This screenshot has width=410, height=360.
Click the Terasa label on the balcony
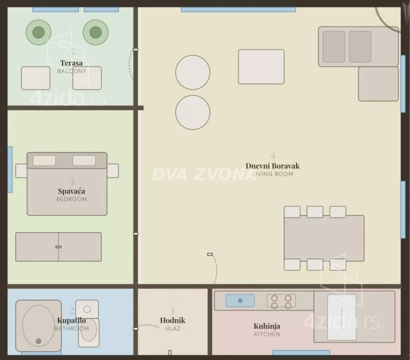point(72,63)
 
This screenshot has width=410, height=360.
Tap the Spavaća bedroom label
point(72,191)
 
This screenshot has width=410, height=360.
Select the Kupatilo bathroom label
point(72,320)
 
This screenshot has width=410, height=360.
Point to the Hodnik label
point(173,320)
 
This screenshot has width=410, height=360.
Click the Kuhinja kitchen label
point(267,326)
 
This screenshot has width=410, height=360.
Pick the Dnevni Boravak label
point(273,166)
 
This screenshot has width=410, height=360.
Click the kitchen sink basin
point(240,300)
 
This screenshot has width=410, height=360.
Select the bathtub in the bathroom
point(38,326)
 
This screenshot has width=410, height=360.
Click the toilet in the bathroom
point(88,332)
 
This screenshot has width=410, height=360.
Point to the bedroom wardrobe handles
point(58,247)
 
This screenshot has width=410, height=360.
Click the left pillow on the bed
point(44,160)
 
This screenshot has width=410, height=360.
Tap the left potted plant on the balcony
point(38,32)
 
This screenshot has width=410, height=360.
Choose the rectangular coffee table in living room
point(261,67)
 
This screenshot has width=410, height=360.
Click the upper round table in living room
point(193,72)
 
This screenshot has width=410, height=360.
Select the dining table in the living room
point(324,238)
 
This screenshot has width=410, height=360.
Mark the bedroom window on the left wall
point(10,170)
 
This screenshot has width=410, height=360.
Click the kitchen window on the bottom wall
point(301,353)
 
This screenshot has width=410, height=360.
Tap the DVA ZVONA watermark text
point(204,174)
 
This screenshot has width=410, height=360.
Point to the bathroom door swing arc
point(149,326)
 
